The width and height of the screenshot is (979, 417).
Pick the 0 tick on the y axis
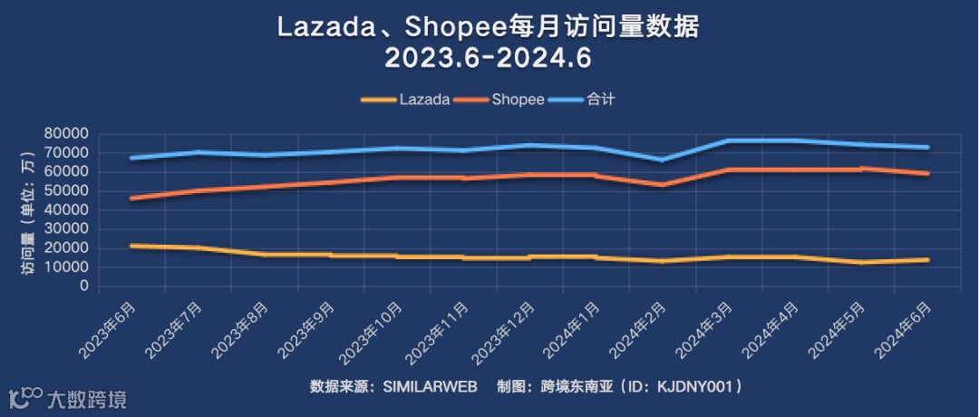coord(82,286)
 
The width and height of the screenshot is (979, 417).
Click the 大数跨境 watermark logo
coord(68,397)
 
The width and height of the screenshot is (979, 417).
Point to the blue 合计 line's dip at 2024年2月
coord(663,160)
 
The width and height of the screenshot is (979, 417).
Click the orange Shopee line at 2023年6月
coord(132,198)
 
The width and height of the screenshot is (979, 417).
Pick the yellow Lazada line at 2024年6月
coord(926,259)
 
